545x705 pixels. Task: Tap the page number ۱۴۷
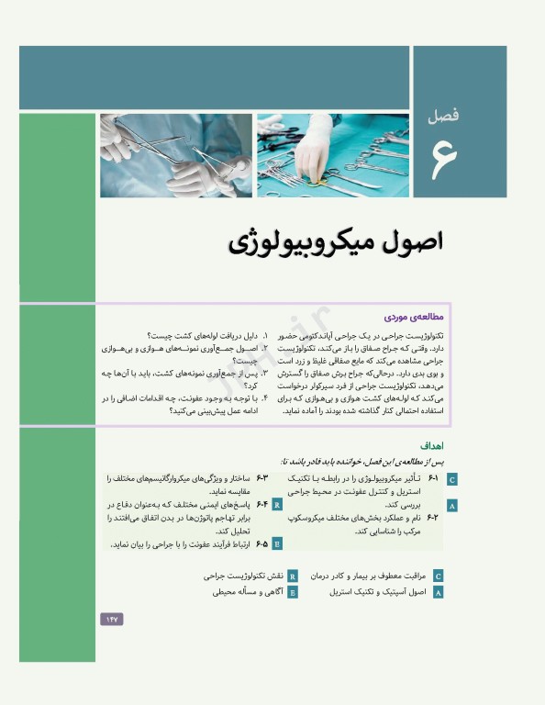coord(111,620)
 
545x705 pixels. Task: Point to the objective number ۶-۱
coord(434,479)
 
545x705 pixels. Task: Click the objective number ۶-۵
coord(261,543)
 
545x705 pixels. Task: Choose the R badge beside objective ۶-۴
coord(277,505)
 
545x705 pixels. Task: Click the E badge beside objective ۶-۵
coord(277,543)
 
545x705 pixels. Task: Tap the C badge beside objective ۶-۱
coord(451,479)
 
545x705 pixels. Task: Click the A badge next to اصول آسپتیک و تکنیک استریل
coord(438,593)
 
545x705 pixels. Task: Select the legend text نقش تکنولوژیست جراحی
coord(243,576)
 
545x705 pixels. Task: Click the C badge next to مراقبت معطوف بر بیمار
coord(438,576)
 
